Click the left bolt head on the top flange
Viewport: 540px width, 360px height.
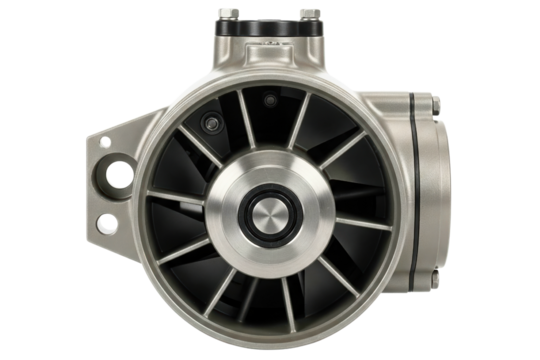coord(234,12)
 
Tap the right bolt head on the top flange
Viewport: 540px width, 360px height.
coord(309,12)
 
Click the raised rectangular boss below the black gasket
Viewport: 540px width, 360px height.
coord(271,54)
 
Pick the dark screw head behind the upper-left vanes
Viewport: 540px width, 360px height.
coord(210,122)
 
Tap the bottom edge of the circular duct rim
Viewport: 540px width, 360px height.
coord(271,345)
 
